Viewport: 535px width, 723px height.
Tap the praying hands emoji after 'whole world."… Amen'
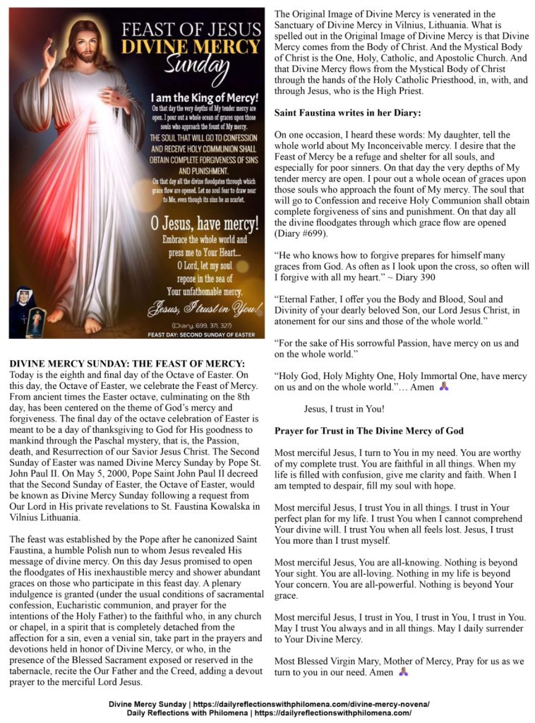tap(443, 387)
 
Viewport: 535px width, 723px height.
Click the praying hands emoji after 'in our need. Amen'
tap(404, 672)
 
